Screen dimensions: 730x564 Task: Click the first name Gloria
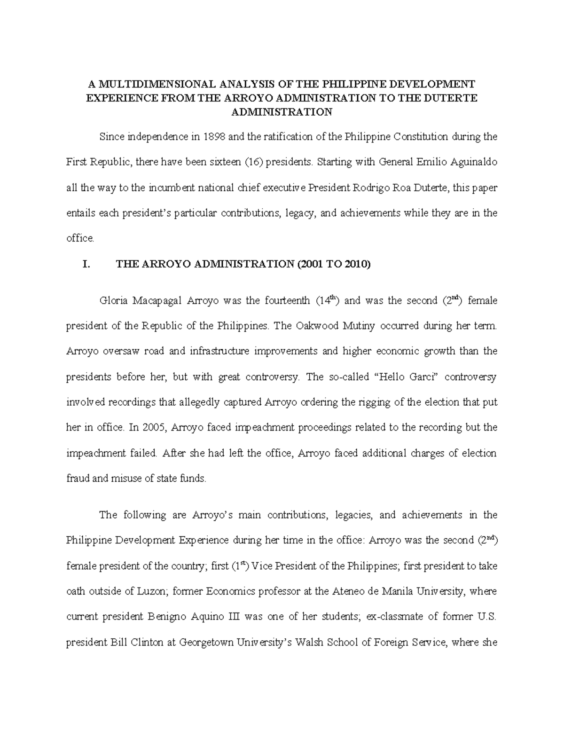(x=113, y=301)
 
